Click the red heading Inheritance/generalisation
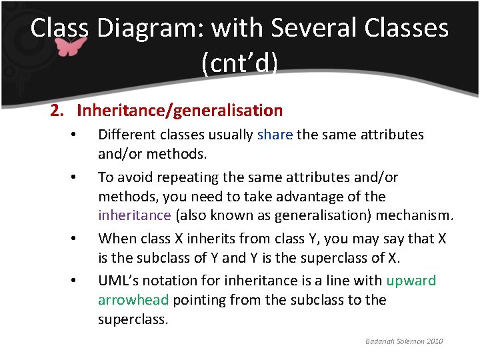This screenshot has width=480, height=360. (179, 111)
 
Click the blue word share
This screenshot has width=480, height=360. (275, 135)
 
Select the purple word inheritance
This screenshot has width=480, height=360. (135, 216)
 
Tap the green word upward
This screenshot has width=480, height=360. (411, 281)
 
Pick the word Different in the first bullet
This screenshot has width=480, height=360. (127, 135)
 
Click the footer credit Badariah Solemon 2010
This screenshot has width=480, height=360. (403, 341)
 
